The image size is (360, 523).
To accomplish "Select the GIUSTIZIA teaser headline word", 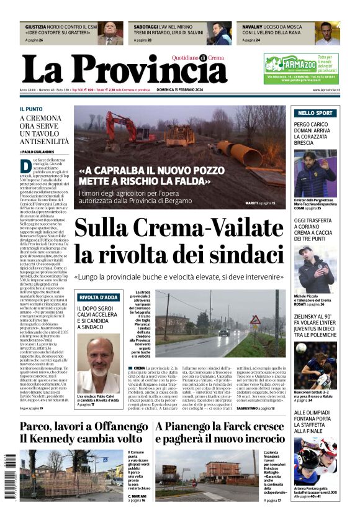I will click(x=36, y=27).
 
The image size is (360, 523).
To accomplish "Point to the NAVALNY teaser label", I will click(x=253, y=27).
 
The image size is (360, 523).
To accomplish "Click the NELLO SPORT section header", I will click(x=332, y=113).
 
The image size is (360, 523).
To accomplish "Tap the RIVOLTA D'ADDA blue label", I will click(x=99, y=297).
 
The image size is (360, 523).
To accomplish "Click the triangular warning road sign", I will click(x=255, y=321).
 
